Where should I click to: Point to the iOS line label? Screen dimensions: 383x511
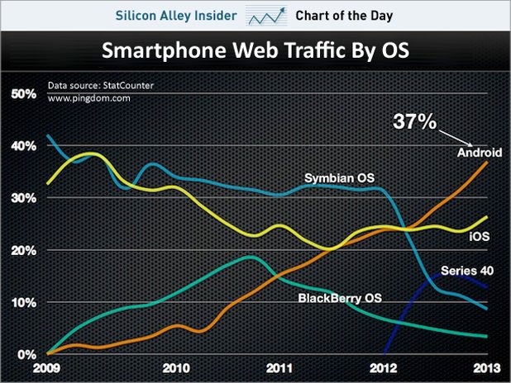click(480, 236)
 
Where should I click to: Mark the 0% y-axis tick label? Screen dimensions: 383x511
click(26, 354)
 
